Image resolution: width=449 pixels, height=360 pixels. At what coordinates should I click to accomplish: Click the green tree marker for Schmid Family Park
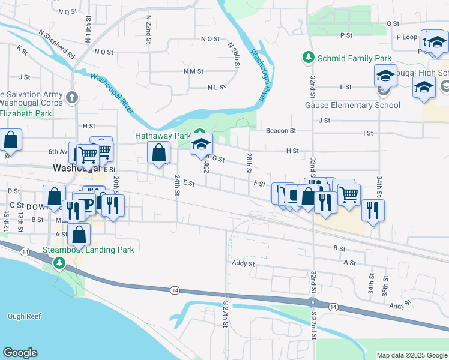308,57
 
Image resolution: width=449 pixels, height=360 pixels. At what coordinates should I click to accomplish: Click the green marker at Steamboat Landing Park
59,263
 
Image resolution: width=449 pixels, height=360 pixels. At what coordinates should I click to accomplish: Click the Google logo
20,353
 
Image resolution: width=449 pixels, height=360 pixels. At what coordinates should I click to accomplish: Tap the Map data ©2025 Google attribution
411,355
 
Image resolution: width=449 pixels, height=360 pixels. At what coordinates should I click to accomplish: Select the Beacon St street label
281,130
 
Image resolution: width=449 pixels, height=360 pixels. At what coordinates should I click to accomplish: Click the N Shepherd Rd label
56,44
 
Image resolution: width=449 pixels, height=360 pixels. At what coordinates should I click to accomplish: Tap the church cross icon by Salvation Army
72,97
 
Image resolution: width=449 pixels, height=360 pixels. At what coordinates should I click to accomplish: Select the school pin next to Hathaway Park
201,145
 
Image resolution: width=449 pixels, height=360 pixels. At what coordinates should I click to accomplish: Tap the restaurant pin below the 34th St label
373,210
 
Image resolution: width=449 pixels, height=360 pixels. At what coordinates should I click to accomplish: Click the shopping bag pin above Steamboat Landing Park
79,234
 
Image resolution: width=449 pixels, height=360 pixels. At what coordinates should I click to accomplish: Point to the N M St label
193,71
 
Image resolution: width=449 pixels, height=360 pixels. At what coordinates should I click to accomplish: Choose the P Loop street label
406,37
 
